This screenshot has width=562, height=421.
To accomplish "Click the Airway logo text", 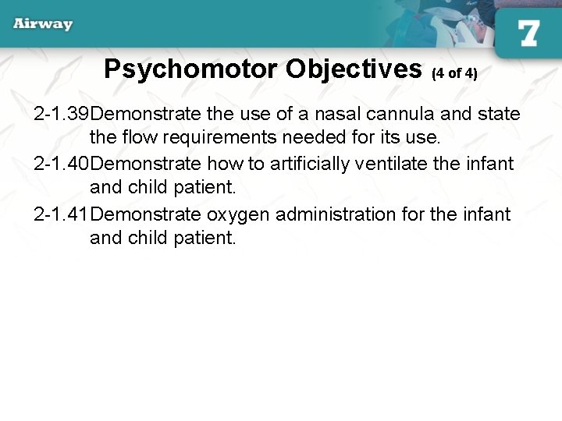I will [43, 23].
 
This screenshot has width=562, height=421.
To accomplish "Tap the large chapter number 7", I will [528, 33].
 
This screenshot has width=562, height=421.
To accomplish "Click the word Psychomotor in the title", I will [191, 69].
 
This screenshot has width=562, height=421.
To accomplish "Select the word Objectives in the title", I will [354, 69].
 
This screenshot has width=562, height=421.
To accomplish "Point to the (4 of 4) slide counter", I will [454, 73].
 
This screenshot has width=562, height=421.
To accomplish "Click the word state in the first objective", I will [499, 114].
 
